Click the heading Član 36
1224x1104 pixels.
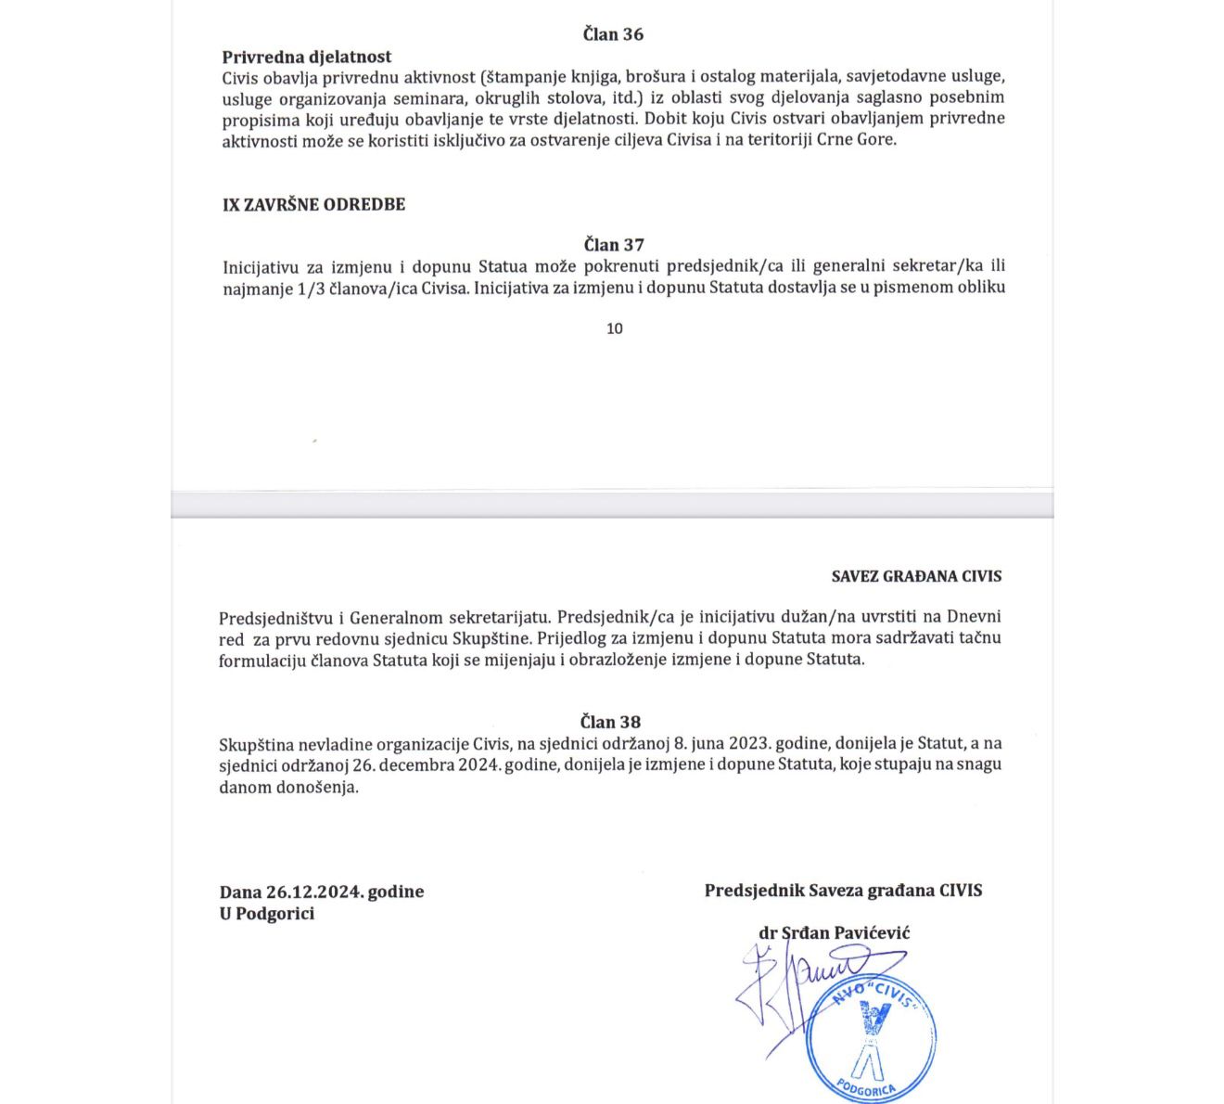(613, 34)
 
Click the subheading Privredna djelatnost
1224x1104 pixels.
(307, 57)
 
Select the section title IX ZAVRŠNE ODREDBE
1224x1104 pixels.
(313, 204)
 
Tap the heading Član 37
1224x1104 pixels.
(613, 245)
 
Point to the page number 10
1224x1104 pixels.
(614, 328)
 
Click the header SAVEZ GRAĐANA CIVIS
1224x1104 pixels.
(916, 576)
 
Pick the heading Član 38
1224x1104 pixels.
(610, 722)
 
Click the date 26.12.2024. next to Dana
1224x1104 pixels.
(314, 892)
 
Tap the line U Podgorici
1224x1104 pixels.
(267, 914)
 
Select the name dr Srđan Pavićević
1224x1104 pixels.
(834, 932)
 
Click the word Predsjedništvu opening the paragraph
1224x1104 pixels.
(274, 617)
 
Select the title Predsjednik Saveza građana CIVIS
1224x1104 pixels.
(843, 891)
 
